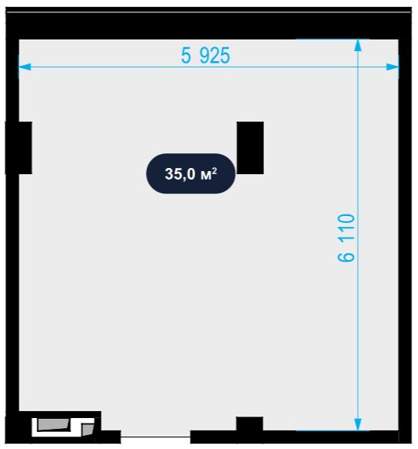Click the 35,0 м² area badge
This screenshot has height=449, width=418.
pos(190,173)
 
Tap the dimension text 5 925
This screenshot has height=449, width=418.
pos(205,55)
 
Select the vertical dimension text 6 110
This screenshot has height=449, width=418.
pos(346,238)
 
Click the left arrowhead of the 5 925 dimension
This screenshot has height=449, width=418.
pos(25,67)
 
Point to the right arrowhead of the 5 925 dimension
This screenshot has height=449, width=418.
pos(392,67)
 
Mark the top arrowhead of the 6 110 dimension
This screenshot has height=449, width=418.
pos(358,45)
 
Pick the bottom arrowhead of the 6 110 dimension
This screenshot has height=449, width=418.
pos(358,424)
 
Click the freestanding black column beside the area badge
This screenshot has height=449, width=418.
pos(250,148)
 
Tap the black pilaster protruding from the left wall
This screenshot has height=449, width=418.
pos(19,148)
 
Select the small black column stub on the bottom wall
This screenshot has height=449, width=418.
pos(249,423)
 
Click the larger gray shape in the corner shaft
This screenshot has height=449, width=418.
pos(53,424)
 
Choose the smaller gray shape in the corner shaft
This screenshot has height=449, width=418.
pos(87,429)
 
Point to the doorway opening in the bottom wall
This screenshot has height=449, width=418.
pos(156,437)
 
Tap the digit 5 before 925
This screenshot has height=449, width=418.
pos(186,55)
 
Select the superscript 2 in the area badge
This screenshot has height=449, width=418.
pos(214,170)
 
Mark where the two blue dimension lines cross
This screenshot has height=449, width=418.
pos(358,67)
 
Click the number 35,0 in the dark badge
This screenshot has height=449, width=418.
pos(180,174)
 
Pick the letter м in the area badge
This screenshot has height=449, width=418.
pos(206,175)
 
